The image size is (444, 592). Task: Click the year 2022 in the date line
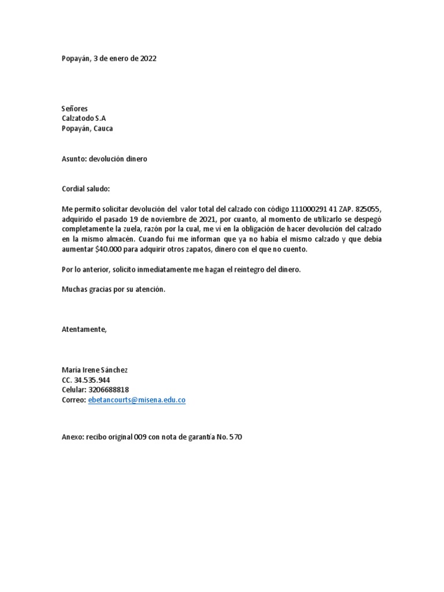[x=148, y=58]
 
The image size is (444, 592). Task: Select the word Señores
[x=75, y=109]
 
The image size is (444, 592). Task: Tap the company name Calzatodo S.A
[x=84, y=119]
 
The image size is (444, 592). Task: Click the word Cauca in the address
[x=104, y=128]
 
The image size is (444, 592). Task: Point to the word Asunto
[x=73, y=158]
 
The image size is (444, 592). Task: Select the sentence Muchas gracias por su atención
[x=113, y=290]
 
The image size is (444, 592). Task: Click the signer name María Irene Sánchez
[x=94, y=370]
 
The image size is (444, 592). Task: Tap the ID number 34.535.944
[x=92, y=380]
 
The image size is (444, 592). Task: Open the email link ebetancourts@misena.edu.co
[x=136, y=400]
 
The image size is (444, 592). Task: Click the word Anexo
[x=72, y=437]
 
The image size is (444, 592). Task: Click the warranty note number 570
[x=236, y=437]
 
